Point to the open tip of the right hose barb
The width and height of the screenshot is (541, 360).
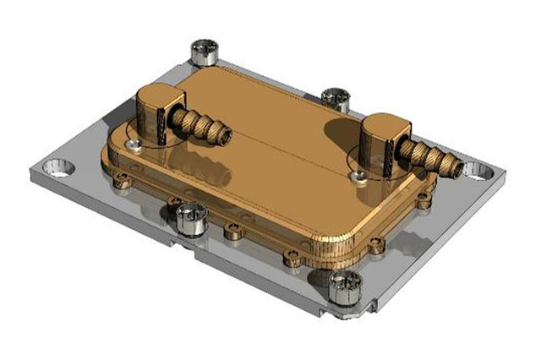click(x=456, y=168)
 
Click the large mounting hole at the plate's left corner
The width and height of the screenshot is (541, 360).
click(x=61, y=166)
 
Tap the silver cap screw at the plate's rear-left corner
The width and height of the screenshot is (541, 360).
click(x=204, y=52)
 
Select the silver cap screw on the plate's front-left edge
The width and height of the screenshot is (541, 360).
click(x=189, y=218)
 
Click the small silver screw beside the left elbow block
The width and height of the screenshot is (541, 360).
click(x=130, y=145)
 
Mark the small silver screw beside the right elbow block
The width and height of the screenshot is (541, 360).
click(x=360, y=175)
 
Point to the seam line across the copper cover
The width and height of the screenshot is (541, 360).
click(x=270, y=139)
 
